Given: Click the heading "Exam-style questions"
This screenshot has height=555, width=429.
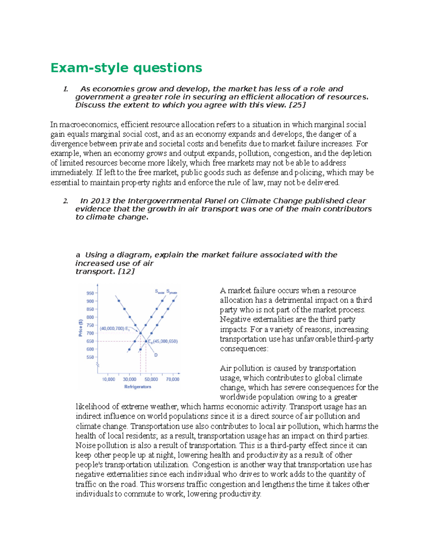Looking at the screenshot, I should (x=126, y=68).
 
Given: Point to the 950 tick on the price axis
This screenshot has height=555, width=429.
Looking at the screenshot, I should (x=90, y=293).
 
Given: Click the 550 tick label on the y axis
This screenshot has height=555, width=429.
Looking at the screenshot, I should (x=90, y=357).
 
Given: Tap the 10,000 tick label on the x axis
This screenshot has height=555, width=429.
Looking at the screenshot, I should (x=109, y=379).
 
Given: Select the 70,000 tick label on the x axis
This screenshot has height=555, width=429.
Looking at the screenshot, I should (x=173, y=379).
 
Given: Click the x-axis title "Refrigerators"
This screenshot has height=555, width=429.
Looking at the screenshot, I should (x=138, y=387).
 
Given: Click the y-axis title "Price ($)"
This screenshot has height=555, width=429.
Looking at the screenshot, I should (x=81, y=327).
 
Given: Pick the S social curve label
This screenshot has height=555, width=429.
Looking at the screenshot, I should (x=159, y=292).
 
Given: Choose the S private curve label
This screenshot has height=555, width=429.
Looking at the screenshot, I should (x=172, y=292).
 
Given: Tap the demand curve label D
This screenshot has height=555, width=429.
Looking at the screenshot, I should (x=156, y=355).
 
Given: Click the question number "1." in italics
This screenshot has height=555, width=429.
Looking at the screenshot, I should (x=65, y=89).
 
